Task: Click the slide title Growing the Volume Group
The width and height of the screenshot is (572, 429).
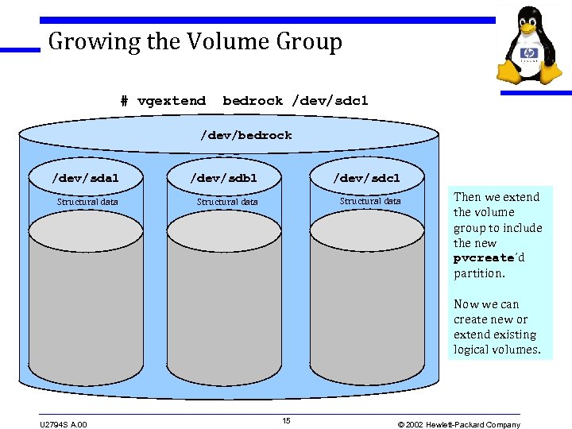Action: click(x=195, y=41)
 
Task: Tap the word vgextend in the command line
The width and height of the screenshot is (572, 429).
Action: click(x=172, y=101)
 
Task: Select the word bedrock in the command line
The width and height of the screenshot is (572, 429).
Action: click(x=253, y=101)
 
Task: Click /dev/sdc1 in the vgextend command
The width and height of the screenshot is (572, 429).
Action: click(x=330, y=101)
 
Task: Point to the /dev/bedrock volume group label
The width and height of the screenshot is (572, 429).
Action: click(x=245, y=136)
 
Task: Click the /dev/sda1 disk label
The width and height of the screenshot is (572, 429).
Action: click(x=85, y=178)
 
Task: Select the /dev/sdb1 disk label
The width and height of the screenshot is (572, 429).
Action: click(x=224, y=178)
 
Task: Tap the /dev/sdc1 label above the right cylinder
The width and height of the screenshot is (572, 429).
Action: click(x=367, y=178)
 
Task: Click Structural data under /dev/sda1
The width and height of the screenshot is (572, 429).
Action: click(x=87, y=202)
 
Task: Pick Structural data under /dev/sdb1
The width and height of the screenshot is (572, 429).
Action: click(x=227, y=202)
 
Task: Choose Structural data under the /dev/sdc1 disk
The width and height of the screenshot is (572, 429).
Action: click(x=370, y=201)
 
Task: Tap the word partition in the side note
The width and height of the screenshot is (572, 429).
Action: click(x=479, y=273)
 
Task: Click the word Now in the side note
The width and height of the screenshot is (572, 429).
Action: click(x=464, y=303)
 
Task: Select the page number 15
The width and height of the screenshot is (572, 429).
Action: click(x=287, y=420)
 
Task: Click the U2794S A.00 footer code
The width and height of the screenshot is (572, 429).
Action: click(x=64, y=424)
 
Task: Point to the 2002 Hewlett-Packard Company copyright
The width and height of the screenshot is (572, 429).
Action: click(x=458, y=424)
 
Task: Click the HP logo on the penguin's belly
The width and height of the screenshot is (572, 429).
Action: click(x=528, y=54)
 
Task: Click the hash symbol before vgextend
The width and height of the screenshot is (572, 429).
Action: click(x=124, y=101)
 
